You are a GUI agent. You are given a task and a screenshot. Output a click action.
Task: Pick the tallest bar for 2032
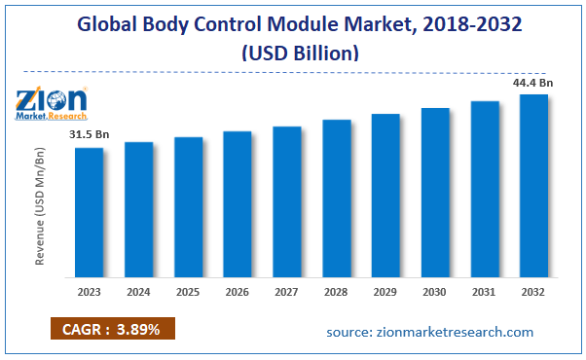pyautogui.click(x=533, y=184)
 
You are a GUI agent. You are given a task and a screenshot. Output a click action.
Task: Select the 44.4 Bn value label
pyautogui.click(x=532, y=83)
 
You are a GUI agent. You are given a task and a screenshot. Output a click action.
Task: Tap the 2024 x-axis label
pyautogui.click(x=138, y=292)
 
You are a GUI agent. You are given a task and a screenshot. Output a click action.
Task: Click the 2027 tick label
pyautogui.click(x=286, y=292)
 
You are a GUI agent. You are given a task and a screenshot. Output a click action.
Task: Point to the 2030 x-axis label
pyautogui.click(x=434, y=292)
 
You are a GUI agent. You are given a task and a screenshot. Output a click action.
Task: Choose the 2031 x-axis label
pyautogui.click(x=484, y=292)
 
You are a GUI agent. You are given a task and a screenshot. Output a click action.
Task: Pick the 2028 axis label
pyautogui.click(x=336, y=292)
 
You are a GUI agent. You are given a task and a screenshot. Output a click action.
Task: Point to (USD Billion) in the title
pyautogui.click(x=293, y=54)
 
